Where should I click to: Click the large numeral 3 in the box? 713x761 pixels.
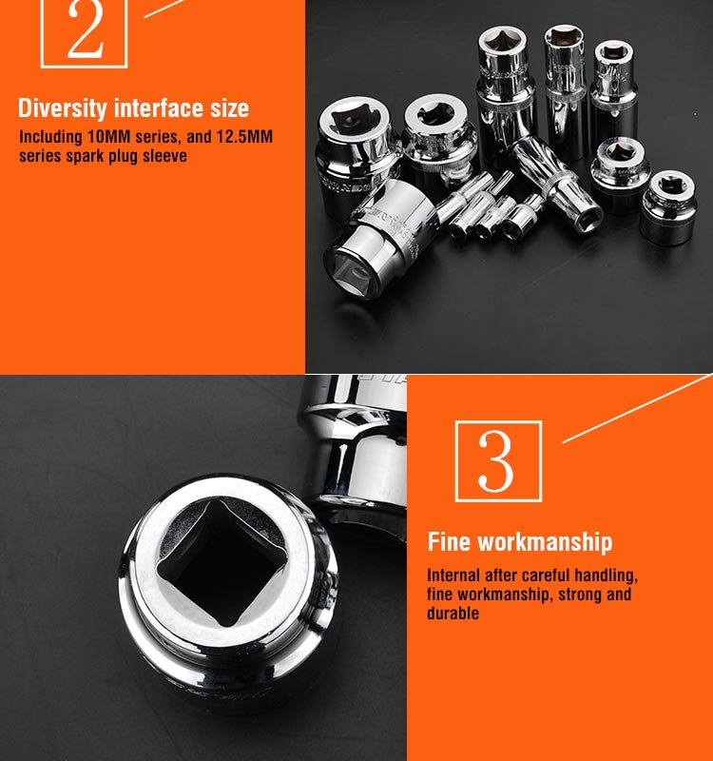495,461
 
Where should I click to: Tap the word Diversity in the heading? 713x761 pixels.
63,108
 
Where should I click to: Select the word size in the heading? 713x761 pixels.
229,107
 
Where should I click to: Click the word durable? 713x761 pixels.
453,613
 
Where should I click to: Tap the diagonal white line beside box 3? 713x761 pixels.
637,408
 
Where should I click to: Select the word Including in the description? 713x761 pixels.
50,137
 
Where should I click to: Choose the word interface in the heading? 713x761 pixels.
159,107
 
